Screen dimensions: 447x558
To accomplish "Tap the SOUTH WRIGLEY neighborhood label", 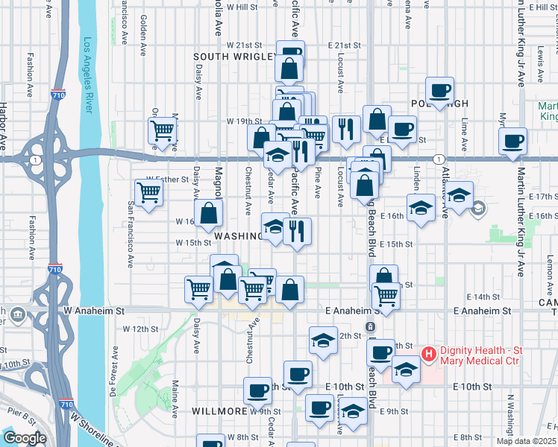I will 228,57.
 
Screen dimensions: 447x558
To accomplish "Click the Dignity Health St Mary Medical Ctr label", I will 489,361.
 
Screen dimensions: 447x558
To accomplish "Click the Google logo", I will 24,438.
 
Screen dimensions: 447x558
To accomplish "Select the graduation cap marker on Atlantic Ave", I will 460,195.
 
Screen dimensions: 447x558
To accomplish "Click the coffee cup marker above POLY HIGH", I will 440,90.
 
